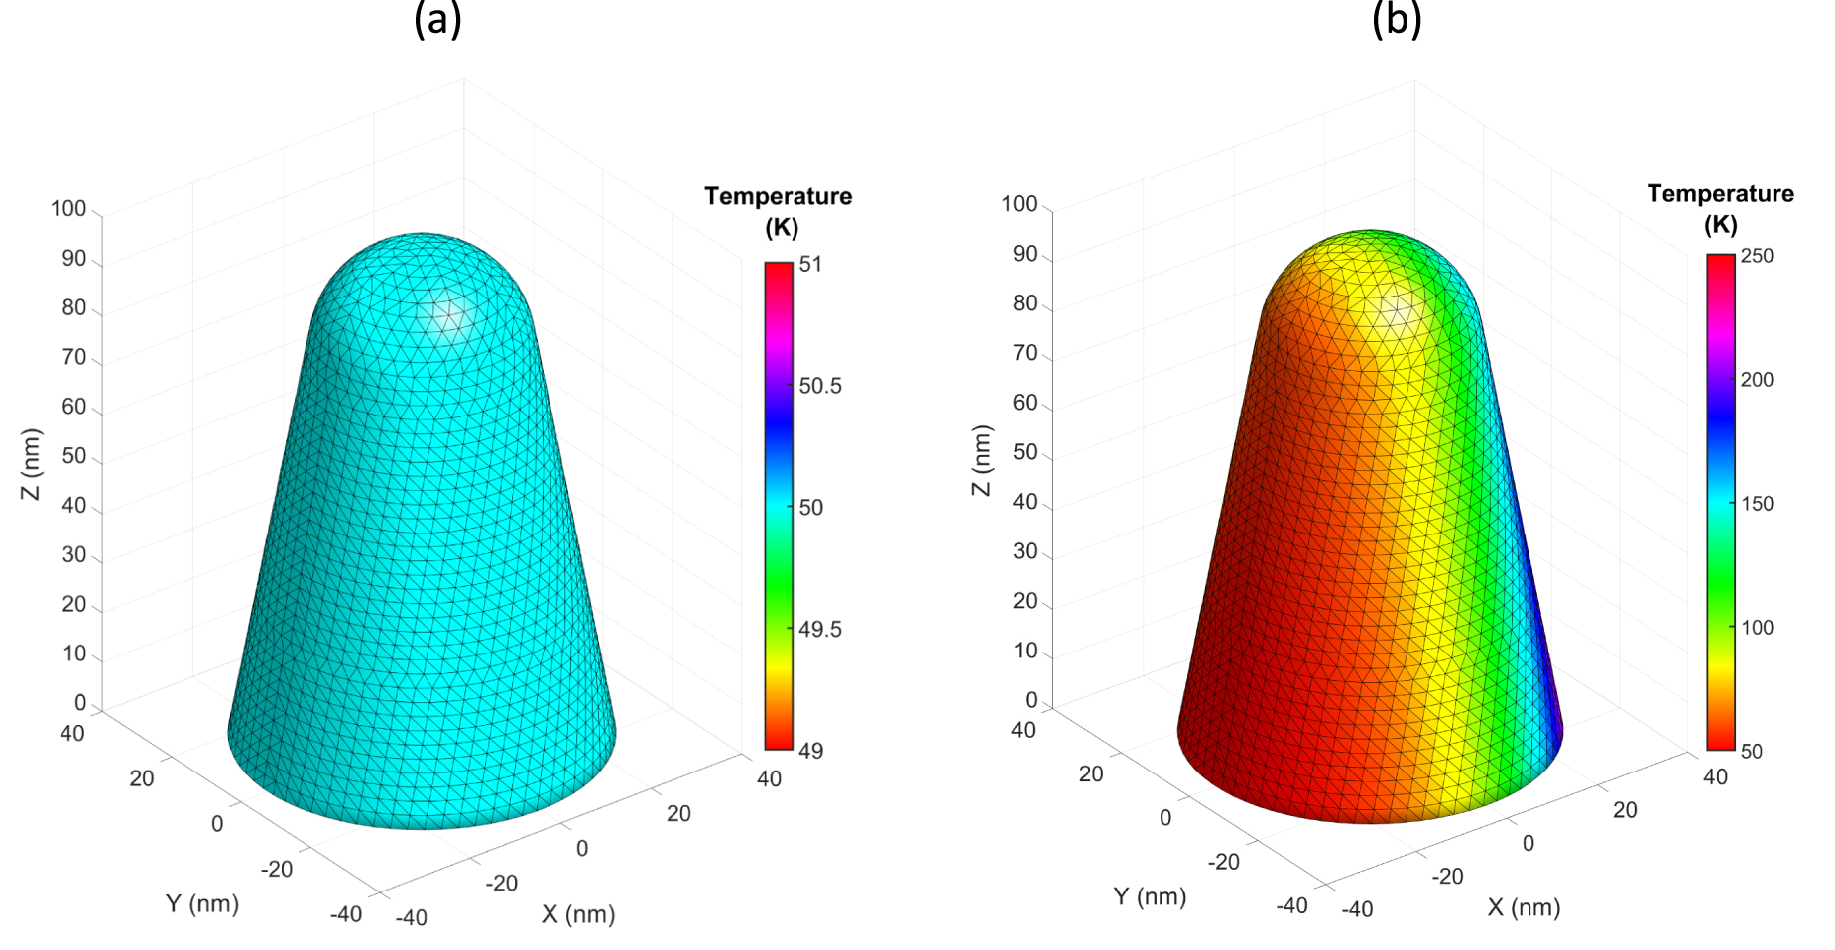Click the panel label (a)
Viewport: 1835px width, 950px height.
[437, 19]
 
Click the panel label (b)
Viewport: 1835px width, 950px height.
[1396, 19]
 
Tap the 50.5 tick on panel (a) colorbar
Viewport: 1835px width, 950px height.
[819, 386]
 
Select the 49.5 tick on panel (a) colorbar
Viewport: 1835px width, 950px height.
[819, 630]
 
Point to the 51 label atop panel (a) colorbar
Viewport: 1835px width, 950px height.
[810, 265]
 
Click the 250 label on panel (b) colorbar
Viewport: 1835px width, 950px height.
[1757, 256]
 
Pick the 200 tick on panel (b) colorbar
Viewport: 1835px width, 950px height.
[1757, 380]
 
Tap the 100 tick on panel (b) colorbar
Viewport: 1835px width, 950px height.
[1757, 628]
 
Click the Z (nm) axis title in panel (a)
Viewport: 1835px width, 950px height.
[33, 464]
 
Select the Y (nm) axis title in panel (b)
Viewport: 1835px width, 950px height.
[1150, 896]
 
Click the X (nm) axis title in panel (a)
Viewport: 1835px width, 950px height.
[578, 914]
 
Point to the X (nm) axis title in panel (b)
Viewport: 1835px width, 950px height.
[1524, 907]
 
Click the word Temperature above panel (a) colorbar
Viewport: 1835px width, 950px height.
[778, 196]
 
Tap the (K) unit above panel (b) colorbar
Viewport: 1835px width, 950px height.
[1720, 225]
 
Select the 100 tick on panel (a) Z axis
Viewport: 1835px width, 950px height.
[68, 209]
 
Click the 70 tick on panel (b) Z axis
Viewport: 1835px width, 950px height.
[1024, 353]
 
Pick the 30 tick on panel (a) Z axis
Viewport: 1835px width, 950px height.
[74, 555]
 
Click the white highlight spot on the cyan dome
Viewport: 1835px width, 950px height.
[446, 315]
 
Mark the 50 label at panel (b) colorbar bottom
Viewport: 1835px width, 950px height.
[1751, 752]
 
